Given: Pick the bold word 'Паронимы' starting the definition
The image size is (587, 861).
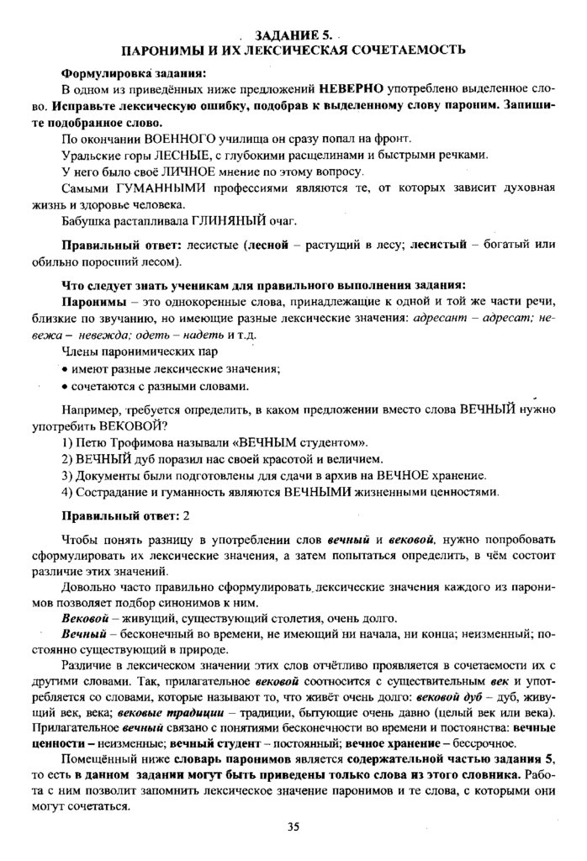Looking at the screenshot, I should click(92, 300).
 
